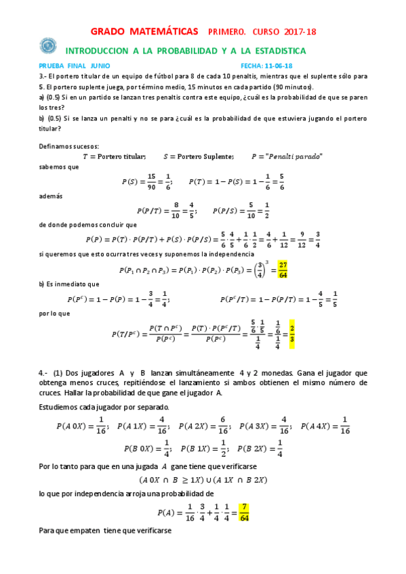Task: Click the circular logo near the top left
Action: point(48,45)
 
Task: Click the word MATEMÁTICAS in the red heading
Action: point(165,31)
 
